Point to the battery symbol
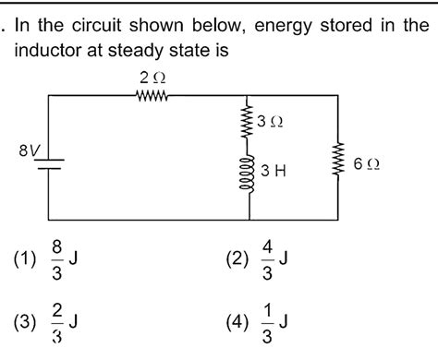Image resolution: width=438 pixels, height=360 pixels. click(x=47, y=163)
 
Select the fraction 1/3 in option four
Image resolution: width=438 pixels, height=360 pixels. click(x=265, y=322)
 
